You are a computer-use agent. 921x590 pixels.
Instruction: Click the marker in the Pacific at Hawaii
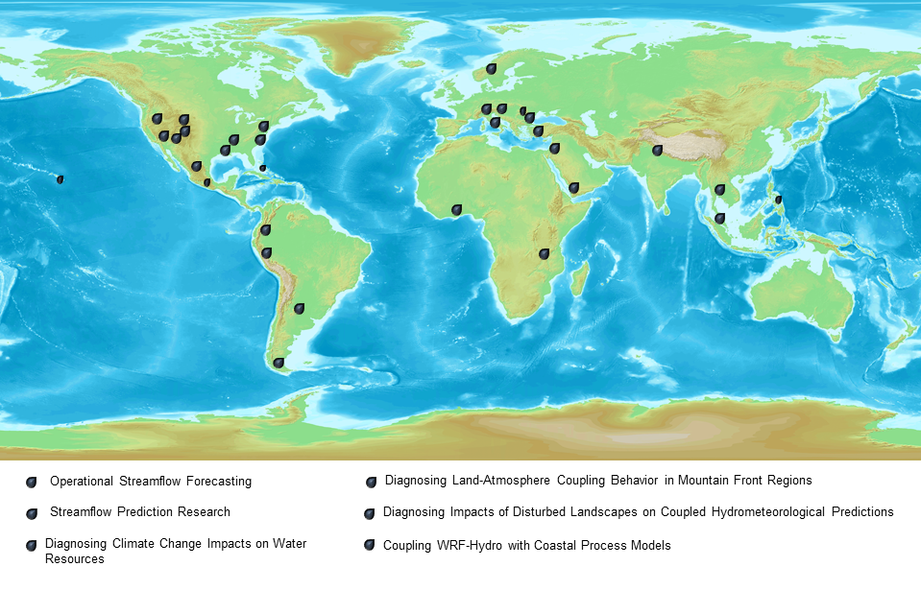click(x=60, y=179)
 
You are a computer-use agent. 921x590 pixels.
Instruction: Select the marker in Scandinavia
click(x=491, y=69)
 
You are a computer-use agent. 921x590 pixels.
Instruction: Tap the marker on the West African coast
click(x=456, y=209)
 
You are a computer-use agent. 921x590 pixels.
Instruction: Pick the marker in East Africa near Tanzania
click(x=544, y=254)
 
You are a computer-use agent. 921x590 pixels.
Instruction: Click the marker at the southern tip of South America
click(x=279, y=364)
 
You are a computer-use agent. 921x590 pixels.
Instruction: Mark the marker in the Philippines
click(x=778, y=201)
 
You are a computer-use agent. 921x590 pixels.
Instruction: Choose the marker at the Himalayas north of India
click(x=657, y=151)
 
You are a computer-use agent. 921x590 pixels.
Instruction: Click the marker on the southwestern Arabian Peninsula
click(x=573, y=188)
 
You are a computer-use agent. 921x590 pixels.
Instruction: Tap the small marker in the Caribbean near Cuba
click(x=262, y=168)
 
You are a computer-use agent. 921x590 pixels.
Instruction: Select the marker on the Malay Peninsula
click(x=719, y=219)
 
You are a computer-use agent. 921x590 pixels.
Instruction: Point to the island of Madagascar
click(x=579, y=279)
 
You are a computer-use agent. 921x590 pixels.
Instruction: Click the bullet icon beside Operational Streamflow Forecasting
click(x=32, y=482)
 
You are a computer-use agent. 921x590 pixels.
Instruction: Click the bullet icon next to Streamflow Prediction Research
click(x=32, y=513)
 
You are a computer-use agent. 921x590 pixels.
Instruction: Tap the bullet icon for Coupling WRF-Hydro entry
click(x=369, y=545)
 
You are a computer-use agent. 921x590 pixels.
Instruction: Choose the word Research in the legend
click(x=204, y=511)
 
